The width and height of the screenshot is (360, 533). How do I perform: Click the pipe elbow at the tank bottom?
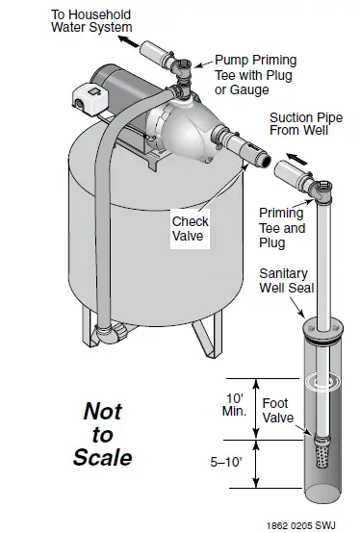tap(112, 334)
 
